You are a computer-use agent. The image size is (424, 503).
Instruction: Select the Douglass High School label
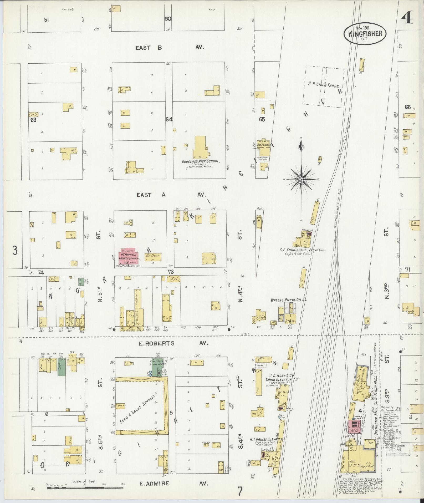(x=201, y=161)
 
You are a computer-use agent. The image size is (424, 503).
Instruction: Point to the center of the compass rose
(x=301, y=179)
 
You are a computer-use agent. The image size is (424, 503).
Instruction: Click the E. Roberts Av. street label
(x=172, y=343)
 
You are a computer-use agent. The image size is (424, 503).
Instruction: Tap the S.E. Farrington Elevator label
(x=302, y=250)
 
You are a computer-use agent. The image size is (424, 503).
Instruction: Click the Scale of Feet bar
(x=85, y=488)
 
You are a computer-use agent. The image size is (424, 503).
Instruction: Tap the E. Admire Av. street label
(x=173, y=483)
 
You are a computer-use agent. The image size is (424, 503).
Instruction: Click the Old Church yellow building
(x=152, y=257)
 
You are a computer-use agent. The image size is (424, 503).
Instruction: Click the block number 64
(x=169, y=119)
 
